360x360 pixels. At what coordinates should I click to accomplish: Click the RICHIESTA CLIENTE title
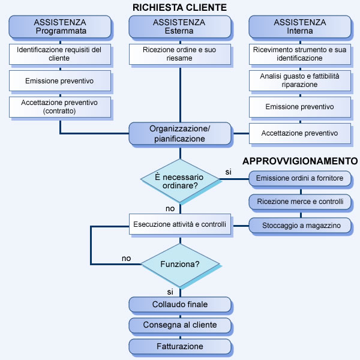(x=180, y=8)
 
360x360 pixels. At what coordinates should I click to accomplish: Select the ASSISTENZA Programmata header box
(x=60, y=26)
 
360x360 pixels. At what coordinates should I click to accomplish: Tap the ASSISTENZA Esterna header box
(x=180, y=26)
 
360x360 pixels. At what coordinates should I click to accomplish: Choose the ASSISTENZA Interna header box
(x=300, y=26)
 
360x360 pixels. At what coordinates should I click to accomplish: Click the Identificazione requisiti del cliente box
(x=60, y=54)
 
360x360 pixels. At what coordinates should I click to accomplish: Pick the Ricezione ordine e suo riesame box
(x=180, y=54)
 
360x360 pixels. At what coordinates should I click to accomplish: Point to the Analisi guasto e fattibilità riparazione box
(x=300, y=80)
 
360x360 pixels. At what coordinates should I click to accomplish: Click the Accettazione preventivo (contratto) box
(x=60, y=107)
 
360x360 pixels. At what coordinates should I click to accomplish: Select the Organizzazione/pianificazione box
(x=180, y=133)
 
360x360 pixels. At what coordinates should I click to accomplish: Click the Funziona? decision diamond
(x=180, y=264)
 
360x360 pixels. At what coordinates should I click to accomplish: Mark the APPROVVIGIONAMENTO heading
(x=300, y=161)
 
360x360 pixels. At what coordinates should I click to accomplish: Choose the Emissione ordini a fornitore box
(x=300, y=178)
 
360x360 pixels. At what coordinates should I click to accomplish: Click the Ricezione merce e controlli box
(x=300, y=202)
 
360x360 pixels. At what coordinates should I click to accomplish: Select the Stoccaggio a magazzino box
(x=300, y=226)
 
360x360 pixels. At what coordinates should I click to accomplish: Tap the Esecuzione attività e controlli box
(x=180, y=226)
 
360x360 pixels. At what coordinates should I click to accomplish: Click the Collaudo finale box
(x=180, y=305)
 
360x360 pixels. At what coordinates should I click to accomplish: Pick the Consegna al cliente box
(x=180, y=325)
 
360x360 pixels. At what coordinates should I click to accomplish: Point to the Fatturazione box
(x=180, y=346)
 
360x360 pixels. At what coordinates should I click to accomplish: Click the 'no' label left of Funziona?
(x=126, y=259)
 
